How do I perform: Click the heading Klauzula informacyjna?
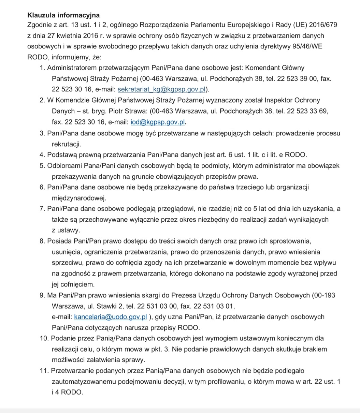pos(63,15)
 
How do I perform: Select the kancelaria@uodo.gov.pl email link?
pos(111,317)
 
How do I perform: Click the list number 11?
pos(44,371)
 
